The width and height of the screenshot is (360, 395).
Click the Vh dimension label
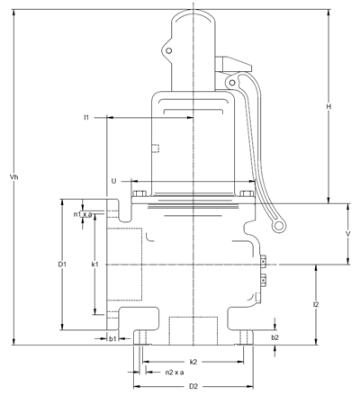pos(13,177)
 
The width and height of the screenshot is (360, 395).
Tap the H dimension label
pos(328,106)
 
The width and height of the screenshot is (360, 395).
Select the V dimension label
pos(348,234)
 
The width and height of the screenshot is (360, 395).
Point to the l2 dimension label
pos(316,304)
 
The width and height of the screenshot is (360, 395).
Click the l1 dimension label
pos(86,117)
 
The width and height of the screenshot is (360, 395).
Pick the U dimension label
pos(114,181)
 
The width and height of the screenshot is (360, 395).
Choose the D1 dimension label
pos(62,265)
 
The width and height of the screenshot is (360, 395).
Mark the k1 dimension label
pos(94,265)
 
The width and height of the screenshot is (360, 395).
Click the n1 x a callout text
pos(83,214)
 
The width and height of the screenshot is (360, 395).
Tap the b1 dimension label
pos(112,338)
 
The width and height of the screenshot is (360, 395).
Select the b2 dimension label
pos(275,337)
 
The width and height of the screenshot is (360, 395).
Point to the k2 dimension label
pos(193,362)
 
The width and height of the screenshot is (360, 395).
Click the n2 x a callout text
pos(175,373)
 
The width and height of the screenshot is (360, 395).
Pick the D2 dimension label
pos(193,386)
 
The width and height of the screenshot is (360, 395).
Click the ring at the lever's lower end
pos(279,226)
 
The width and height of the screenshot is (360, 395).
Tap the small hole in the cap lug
pos(169,50)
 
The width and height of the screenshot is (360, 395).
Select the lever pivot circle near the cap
pos(232,82)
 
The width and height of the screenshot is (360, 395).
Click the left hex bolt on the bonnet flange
pos(139,193)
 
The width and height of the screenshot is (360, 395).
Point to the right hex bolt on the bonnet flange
pos(247,193)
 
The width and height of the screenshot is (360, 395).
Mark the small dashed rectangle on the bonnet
pos(156,148)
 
